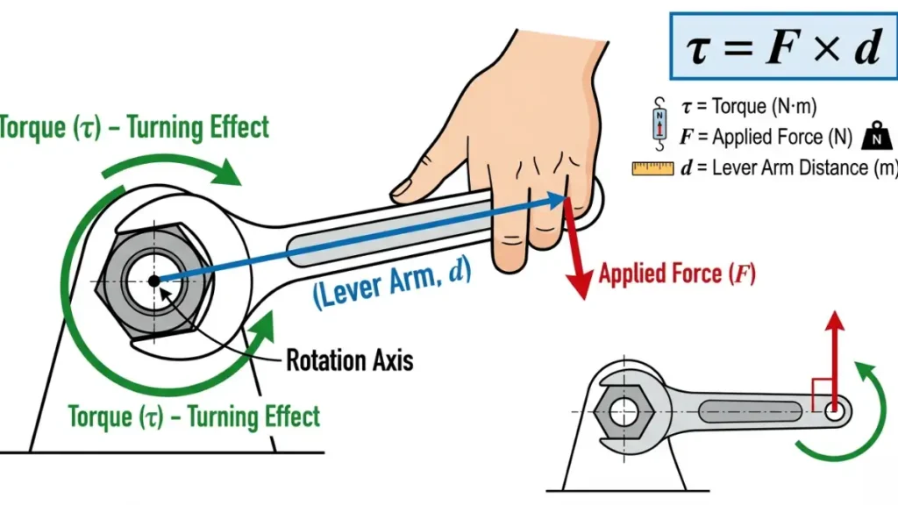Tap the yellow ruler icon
tap(652, 167)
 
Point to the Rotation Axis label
tap(349, 359)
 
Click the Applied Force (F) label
tap(676, 274)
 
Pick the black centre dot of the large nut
tap(153, 281)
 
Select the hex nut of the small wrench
tap(623, 410)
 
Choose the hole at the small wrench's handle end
tap(833, 409)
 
